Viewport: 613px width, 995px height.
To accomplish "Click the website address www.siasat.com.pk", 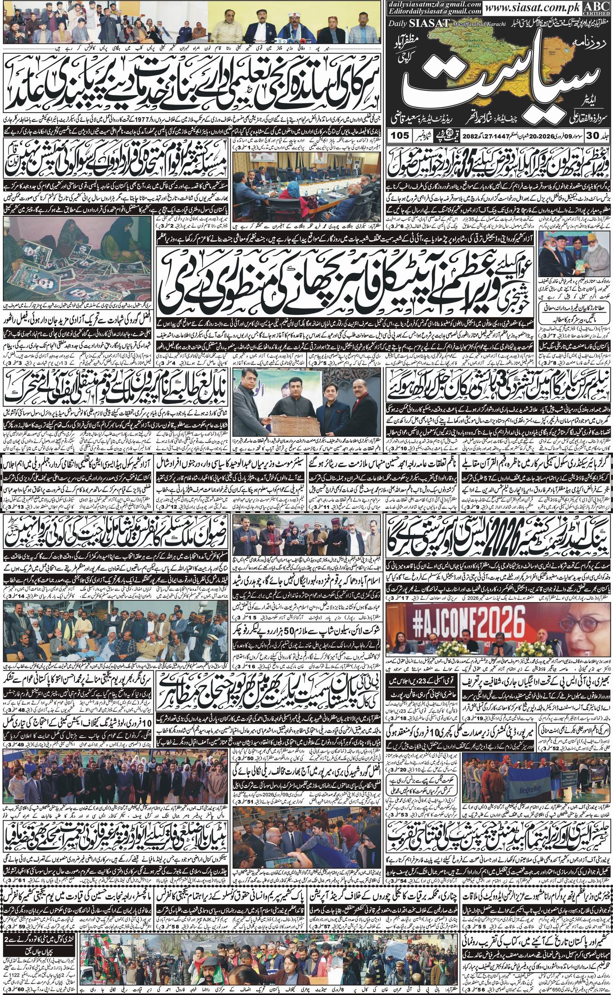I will (541, 8).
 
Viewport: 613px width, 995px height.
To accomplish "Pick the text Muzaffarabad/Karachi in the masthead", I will (473, 22).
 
